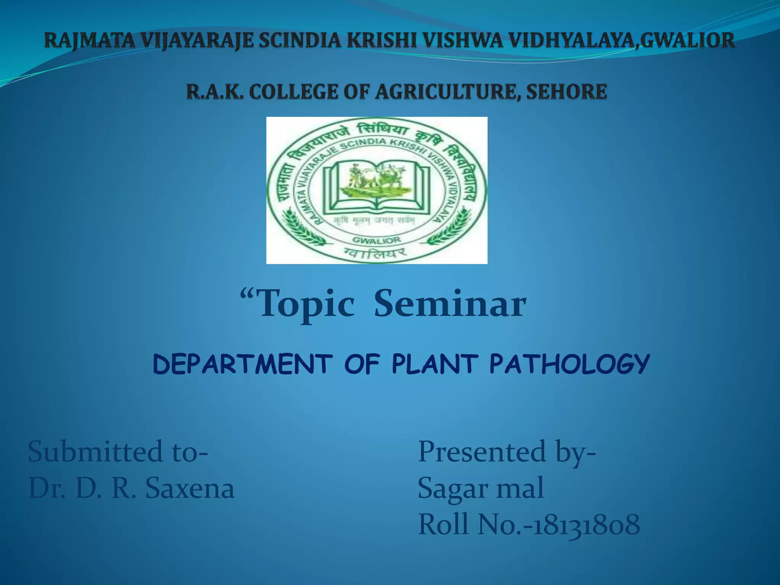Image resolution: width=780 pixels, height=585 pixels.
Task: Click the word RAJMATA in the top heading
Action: click(90, 41)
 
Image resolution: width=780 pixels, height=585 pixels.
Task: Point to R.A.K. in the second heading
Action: click(214, 92)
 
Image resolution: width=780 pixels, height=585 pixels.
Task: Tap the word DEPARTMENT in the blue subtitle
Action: click(243, 364)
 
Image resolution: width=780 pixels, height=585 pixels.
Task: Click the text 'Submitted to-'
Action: click(118, 452)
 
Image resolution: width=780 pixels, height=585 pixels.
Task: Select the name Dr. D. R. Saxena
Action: click(131, 488)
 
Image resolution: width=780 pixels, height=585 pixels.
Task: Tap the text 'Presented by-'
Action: click(507, 452)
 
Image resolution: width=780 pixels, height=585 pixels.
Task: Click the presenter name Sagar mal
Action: click(481, 488)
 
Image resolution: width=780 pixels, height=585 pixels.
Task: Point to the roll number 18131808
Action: click(587, 525)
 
